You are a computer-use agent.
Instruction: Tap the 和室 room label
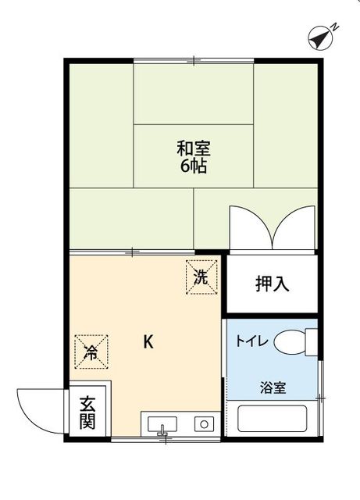pos(193,148)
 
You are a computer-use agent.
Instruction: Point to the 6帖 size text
pos(193,166)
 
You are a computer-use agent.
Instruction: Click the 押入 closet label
pos(273,284)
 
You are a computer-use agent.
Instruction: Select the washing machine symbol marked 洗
pos(200,277)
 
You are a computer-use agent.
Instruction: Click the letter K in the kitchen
pos(148,341)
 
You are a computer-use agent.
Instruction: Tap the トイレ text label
pos(252,341)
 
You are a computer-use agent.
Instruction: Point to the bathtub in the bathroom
pos(273,419)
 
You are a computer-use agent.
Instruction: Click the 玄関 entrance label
pos(87,413)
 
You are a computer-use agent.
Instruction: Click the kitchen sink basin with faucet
pos(162,425)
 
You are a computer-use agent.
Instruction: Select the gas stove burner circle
pos(204,424)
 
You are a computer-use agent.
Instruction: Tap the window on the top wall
pos(194,60)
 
